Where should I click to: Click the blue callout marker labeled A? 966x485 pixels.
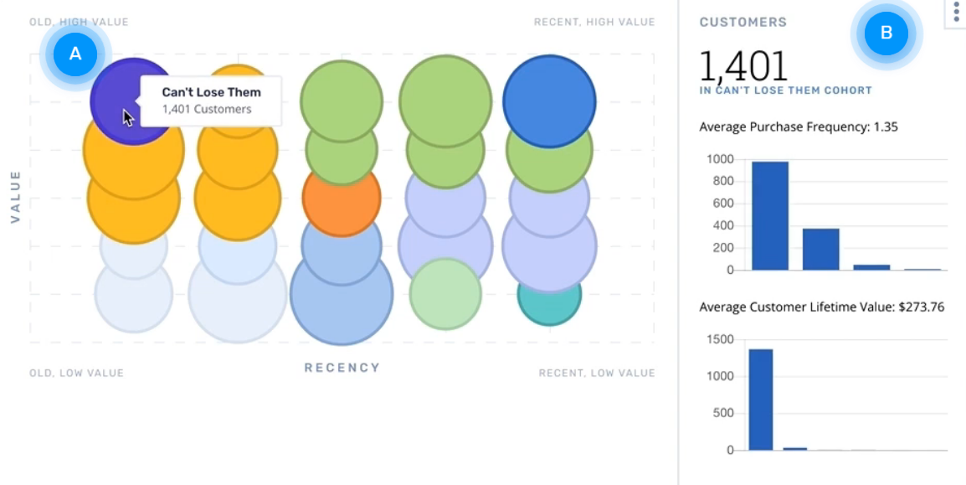click(75, 53)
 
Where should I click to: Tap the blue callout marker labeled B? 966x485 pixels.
click(886, 34)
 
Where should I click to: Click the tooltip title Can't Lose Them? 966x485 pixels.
click(211, 92)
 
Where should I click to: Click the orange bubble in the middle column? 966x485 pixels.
click(342, 199)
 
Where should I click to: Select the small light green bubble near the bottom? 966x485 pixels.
click(445, 294)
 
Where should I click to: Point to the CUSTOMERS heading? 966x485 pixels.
click(743, 23)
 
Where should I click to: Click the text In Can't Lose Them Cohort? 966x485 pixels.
click(785, 90)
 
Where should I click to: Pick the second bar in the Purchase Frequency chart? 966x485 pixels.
click(820, 249)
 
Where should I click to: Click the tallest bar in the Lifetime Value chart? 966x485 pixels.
click(760, 399)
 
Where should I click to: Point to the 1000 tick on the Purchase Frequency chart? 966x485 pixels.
click(719, 159)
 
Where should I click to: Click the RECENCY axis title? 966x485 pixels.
click(342, 368)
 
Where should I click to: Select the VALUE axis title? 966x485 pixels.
click(15, 197)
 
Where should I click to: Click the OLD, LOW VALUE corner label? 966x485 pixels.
click(76, 373)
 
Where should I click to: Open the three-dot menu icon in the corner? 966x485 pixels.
click(956, 12)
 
